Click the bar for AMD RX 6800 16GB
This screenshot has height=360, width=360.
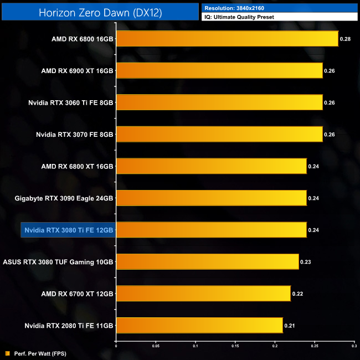pyautogui.click(x=227, y=39)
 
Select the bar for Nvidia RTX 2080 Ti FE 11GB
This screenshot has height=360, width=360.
pyautogui.click(x=199, y=325)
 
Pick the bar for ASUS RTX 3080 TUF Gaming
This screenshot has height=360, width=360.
pyautogui.click(x=207, y=261)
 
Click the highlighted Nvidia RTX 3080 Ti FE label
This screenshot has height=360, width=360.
pyautogui.click(x=68, y=230)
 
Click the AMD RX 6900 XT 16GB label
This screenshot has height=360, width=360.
pyautogui.click(x=77, y=71)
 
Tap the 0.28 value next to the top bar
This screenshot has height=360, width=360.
pyautogui.click(x=345, y=39)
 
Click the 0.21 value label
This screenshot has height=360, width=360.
pyautogui.click(x=290, y=325)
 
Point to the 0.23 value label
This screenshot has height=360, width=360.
pyautogui.click(x=305, y=261)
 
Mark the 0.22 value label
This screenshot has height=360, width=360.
pyautogui.click(x=297, y=294)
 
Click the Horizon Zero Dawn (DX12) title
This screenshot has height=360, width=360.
pyautogui.click(x=100, y=12)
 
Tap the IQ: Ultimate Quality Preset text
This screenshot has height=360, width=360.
pyautogui.click(x=239, y=17)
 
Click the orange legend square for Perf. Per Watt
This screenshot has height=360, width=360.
pyautogui.click(x=7, y=353)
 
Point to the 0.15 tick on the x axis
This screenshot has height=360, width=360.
pyautogui.click(x=235, y=347)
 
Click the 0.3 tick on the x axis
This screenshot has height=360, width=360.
pyautogui.click(x=354, y=347)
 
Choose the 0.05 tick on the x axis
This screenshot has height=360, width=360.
pyautogui.click(x=156, y=347)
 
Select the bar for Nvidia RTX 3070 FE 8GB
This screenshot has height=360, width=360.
pyautogui.click(x=219, y=135)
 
